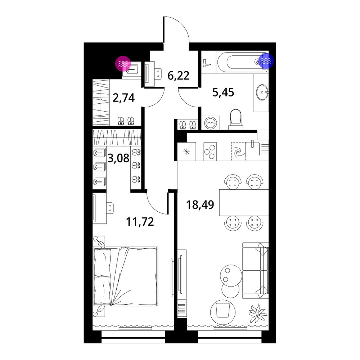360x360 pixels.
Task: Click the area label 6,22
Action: coord(179,76)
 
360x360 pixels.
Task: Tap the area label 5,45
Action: coord(223,92)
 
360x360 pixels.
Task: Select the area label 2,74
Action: coord(123,98)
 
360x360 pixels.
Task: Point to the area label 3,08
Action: coord(118,158)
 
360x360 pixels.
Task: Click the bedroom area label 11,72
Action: coord(140,221)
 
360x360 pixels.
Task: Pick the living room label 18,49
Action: coord(200,204)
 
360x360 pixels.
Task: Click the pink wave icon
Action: coord(123,63)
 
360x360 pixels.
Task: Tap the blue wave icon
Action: coord(266,61)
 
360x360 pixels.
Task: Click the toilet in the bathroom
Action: coord(236,119)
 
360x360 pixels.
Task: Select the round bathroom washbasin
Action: coord(262,93)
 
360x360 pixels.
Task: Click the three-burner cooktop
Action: coord(210,151)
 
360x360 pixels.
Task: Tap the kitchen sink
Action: coord(252,149)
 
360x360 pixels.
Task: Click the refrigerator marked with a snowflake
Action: coord(186,152)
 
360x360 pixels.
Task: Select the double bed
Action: coord(125,276)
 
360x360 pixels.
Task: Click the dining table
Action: coord(244,202)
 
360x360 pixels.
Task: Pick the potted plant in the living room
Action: coord(258,313)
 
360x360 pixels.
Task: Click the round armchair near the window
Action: coord(223,311)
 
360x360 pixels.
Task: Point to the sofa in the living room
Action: coord(255,271)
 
